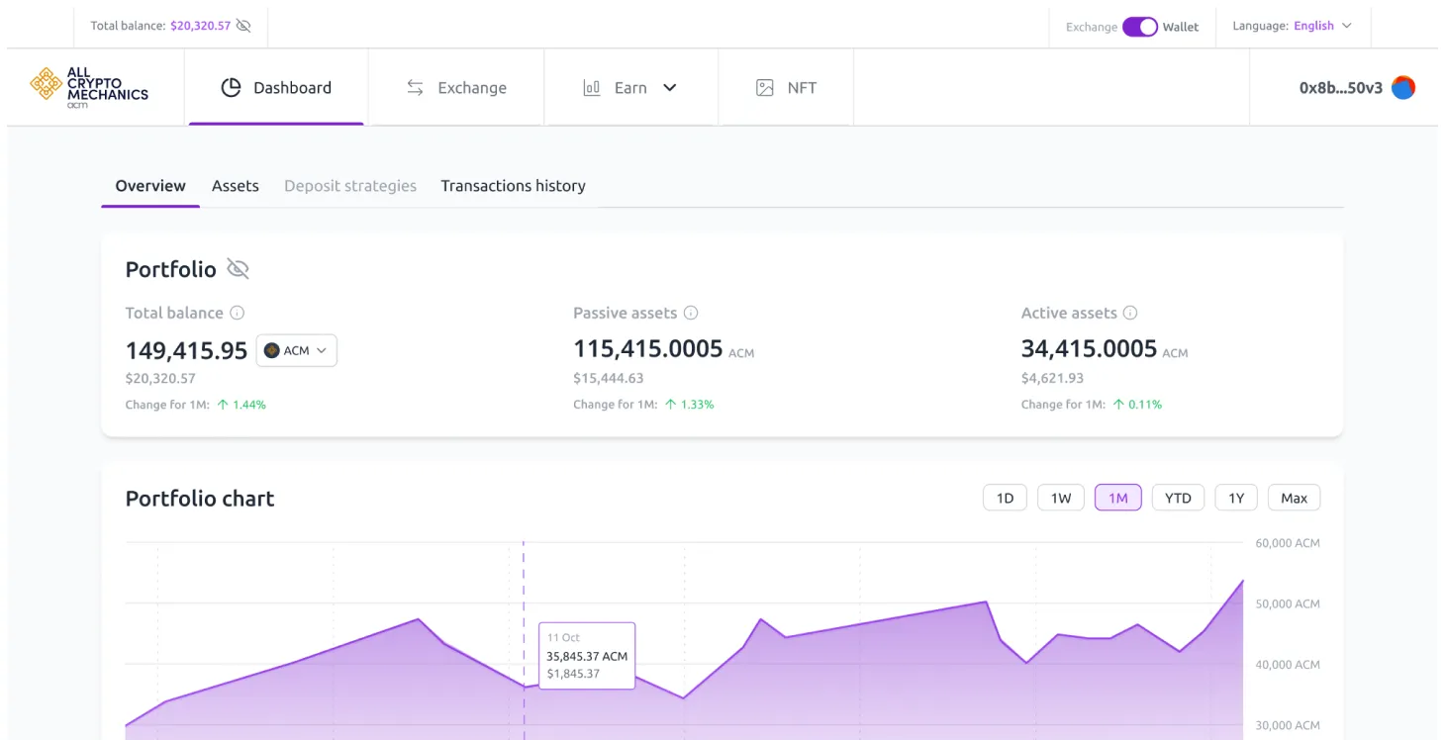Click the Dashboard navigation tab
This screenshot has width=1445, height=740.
(x=276, y=88)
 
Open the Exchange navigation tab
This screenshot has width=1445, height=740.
(x=456, y=88)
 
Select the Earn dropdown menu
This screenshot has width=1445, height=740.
(x=630, y=88)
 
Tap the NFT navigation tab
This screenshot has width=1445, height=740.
(x=786, y=88)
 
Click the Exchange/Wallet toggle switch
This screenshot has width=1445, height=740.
(x=1139, y=27)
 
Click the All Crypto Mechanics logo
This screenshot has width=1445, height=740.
(x=89, y=87)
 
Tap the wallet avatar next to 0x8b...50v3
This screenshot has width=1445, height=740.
(x=1402, y=88)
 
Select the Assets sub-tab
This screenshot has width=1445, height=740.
(x=236, y=186)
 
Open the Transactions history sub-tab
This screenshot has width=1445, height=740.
(x=513, y=186)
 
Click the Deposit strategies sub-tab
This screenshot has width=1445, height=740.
(x=350, y=186)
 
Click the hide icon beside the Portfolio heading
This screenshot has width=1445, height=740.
(x=238, y=269)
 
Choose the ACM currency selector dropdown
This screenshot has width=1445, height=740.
(x=297, y=351)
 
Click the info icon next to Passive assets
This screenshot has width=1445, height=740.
(x=691, y=313)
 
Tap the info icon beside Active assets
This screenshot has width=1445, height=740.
(x=1130, y=313)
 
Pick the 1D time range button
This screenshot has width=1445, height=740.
(x=1005, y=498)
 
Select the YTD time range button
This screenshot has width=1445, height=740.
(x=1178, y=498)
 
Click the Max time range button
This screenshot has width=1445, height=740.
(x=1294, y=498)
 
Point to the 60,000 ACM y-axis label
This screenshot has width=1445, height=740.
(x=1288, y=543)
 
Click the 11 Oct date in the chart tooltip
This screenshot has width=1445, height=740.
(x=563, y=638)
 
